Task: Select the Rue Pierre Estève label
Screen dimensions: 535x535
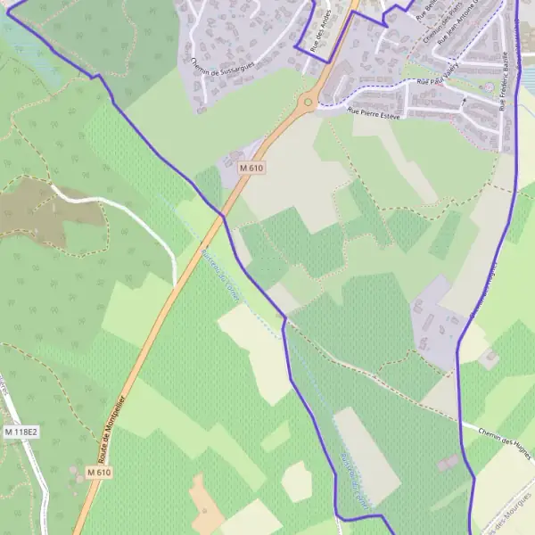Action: [x=375, y=114]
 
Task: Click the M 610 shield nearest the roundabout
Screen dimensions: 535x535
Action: [x=251, y=167]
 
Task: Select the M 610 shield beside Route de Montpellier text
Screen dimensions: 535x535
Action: [x=99, y=472]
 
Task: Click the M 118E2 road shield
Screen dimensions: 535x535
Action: [x=21, y=432]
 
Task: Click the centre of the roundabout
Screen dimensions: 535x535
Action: [x=308, y=102]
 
